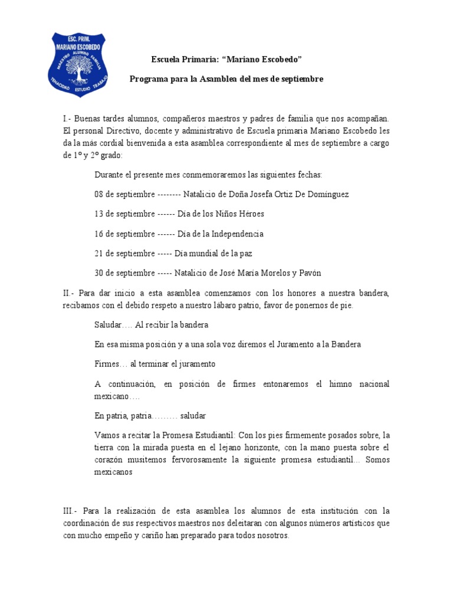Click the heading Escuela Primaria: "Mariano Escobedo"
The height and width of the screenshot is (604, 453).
coord(226,59)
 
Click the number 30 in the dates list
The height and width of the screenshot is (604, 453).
coord(99,273)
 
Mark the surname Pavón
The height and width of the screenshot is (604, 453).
coord(310,273)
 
